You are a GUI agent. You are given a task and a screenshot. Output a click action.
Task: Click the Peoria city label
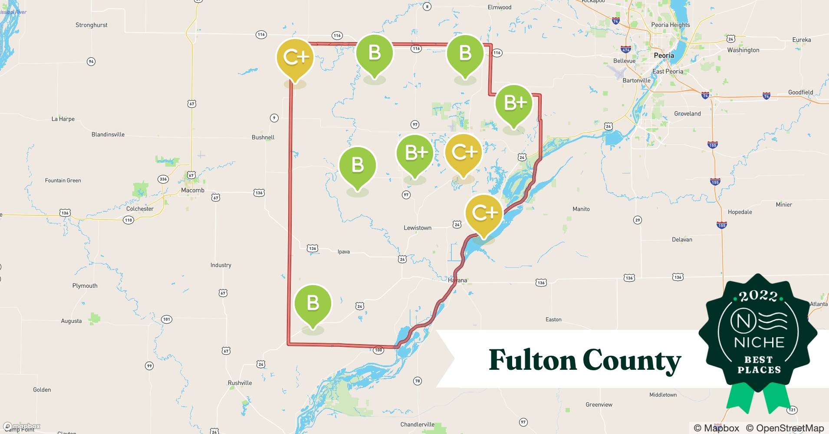[664, 56]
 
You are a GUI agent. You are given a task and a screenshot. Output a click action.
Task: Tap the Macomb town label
[192, 190]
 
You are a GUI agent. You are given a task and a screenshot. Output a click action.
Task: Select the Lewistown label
[418, 228]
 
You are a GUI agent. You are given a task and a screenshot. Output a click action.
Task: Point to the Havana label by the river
[457, 280]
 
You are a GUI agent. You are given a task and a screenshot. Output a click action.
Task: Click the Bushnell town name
[263, 137]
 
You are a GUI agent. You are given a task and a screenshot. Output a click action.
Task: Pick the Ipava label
[343, 252]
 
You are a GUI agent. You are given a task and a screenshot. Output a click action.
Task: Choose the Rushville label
[240, 383]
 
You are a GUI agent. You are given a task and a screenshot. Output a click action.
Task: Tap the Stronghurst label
[91, 25]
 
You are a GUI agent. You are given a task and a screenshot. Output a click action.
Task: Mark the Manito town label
[581, 209]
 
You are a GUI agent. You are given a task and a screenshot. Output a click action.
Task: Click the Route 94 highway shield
[91, 62]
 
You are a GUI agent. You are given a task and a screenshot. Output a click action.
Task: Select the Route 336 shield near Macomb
[163, 179]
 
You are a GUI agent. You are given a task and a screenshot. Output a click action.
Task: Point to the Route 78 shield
[417, 381]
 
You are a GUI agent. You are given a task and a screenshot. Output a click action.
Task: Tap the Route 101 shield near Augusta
[167, 319]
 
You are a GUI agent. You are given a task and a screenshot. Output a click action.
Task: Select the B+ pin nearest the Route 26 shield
[514, 103]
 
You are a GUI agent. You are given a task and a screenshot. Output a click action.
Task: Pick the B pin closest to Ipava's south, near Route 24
[313, 303]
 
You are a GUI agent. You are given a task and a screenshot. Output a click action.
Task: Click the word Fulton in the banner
[531, 360]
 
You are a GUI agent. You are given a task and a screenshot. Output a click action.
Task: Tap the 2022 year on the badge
[758, 296]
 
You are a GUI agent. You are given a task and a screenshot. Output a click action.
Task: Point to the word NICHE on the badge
[759, 342]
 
